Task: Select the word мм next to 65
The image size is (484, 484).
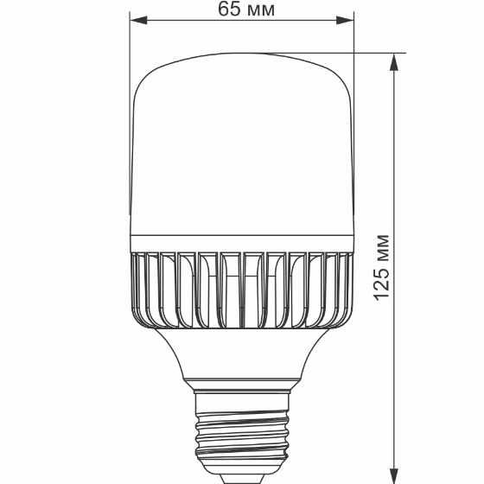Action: pyautogui.click(x=263, y=11)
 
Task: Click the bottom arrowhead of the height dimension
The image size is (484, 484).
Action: pyautogui.click(x=395, y=475)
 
